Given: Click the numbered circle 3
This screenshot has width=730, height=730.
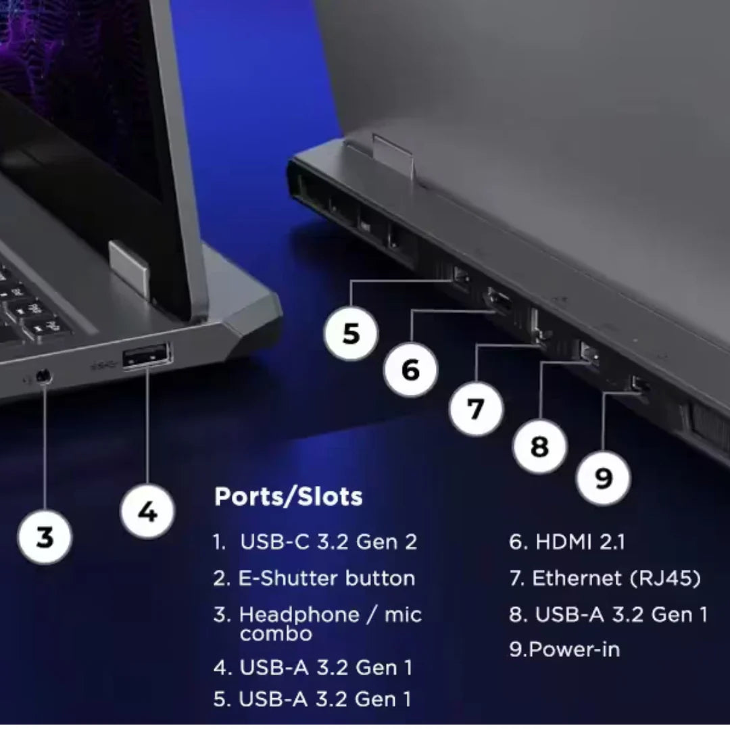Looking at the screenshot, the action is point(45,537).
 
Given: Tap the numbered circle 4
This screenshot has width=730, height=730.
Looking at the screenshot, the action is point(147,511).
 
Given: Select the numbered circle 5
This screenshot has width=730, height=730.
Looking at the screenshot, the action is point(351,333).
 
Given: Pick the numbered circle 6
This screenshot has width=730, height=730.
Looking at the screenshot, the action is point(411,370).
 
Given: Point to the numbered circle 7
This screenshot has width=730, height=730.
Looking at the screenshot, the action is point(476,409).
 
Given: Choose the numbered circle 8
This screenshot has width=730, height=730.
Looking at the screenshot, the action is point(539,446).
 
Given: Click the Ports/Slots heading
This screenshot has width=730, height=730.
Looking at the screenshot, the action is point(288,496).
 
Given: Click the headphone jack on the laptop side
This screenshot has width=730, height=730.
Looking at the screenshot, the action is point(43,376).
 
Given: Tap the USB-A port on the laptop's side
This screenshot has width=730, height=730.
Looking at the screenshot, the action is point(147,356).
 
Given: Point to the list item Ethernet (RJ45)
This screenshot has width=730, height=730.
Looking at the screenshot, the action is point(605,578).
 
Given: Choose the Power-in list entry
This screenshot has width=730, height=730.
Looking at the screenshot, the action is point(564,650).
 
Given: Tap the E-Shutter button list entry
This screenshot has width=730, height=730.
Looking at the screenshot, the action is point(314,578).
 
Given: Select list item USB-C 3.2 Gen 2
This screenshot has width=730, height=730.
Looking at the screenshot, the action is point(315,542).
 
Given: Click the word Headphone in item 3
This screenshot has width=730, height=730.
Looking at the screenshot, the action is point(299,614).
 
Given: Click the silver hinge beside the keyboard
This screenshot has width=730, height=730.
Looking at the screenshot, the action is point(130,270).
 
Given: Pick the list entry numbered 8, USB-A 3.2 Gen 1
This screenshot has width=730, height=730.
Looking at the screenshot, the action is point(608,614).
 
